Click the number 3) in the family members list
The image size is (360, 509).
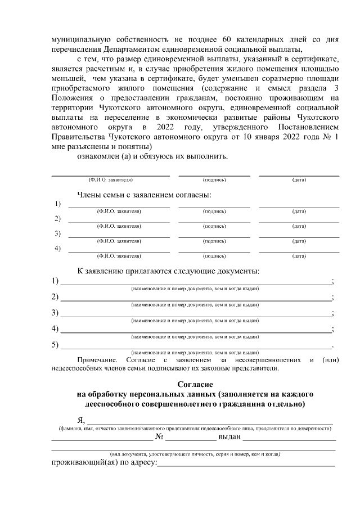(x=57, y=233)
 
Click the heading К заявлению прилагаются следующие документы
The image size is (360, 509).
(x=168, y=271)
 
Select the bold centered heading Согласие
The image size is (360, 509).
(x=195, y=384)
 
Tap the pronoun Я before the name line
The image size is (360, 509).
(x=80, y=421)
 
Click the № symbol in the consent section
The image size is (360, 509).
(x=160, y=436)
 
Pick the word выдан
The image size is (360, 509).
(x=229, y=436)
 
